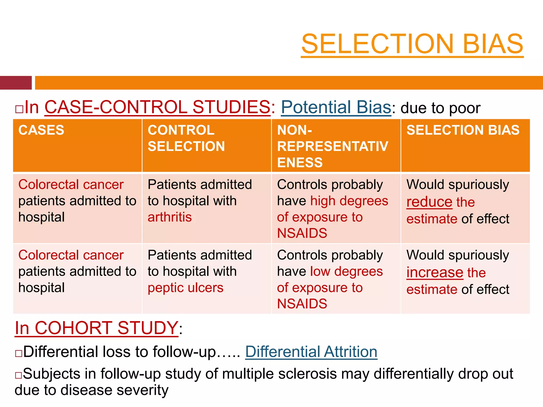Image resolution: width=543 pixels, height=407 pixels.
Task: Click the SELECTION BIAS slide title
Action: click(x=412, y=44)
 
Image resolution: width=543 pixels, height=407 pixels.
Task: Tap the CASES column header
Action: click(x=41, y=130)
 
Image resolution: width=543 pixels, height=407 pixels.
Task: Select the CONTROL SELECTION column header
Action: click(x=186, y=138)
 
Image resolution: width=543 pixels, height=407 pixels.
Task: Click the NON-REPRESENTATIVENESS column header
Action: click(x=332, y=146)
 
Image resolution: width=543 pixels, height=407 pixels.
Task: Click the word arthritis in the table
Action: click(x=170, y=217)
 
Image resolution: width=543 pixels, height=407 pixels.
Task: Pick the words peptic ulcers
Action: click(x=186, y=288)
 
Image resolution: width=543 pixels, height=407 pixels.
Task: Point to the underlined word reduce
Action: click(x=429, y=202)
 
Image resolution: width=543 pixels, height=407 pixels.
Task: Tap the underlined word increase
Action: click(x=435, y=273)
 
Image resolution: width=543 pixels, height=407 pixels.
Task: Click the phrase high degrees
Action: click(x=349, y=201)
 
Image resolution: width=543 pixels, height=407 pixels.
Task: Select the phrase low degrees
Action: click(x=346, y=272)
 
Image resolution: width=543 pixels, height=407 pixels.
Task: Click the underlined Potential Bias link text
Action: click(x=336, y=107)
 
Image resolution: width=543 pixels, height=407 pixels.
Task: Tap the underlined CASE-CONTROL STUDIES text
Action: click(x=157, y=107)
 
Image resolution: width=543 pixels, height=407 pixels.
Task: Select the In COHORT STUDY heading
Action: click(x=97, y=328)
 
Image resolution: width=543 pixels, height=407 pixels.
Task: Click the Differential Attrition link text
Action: click(x=311, y=352)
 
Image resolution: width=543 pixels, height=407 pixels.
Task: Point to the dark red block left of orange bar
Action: click(x=16, y=83)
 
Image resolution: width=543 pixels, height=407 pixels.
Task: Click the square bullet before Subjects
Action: click(x=19, y=375)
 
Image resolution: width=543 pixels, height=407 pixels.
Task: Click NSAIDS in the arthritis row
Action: click(x=302, y=233)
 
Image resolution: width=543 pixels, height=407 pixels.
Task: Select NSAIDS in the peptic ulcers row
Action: click(x=302, y=304)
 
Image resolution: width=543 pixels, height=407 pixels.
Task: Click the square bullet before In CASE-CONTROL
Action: click(x=19, y=109)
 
